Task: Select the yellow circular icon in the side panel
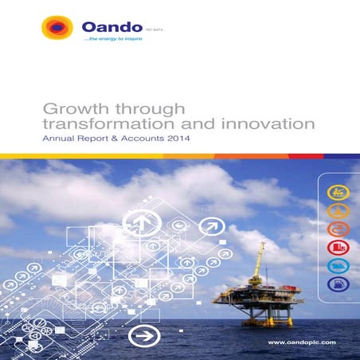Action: [x=338, y=193]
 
